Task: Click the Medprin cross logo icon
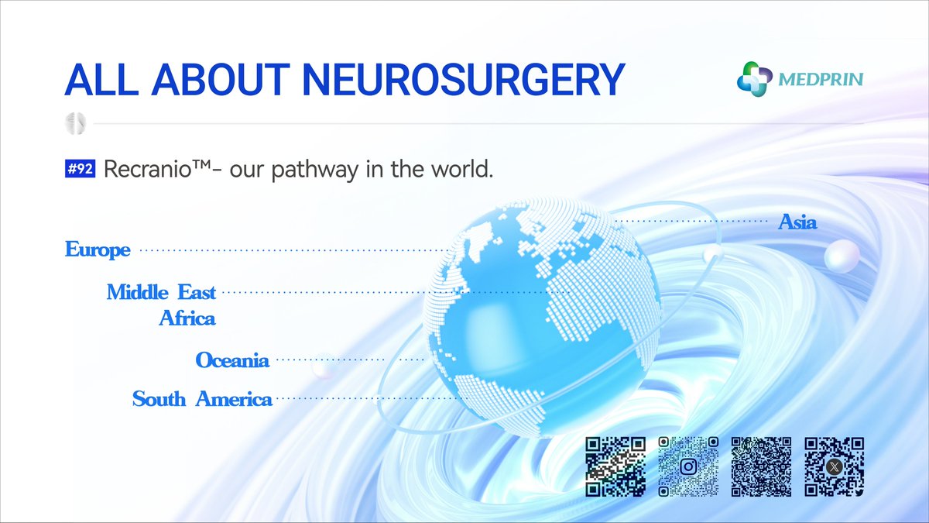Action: click(754, 78)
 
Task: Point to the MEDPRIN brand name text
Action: click(821, 79)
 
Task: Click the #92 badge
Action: click(81, 170)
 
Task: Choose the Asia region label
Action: click(797, 223)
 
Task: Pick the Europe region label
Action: click(98, 250)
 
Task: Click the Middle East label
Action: click(161, 292)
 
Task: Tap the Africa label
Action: click(187, 318)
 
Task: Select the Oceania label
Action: click(232, 360)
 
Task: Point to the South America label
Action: click(202, 399)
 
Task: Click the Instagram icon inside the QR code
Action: click(688, 466)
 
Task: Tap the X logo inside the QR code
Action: click(834, 466)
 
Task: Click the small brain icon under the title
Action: click(76, 122)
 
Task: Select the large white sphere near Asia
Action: click(842, 256)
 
